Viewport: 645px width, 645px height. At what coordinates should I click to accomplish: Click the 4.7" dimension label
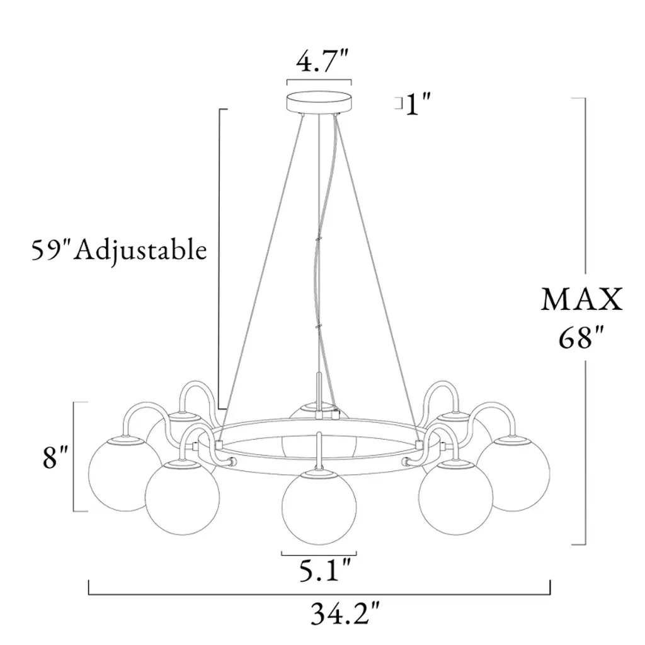pyautogui.click(x=322, y=62)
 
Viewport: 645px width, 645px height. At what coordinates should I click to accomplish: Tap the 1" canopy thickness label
pyautogui.click(x=418, y=105)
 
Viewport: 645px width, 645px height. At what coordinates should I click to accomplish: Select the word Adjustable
pyautogui.click(x=140, y=251)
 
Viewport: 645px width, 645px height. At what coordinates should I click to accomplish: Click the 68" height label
pyautogui.click(x=581, y=338)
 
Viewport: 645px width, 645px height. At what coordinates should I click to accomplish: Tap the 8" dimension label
pyautogui.click(x=55, y=457)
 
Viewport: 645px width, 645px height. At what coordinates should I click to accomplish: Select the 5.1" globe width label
pyautogui.click(x=325, y=571)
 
